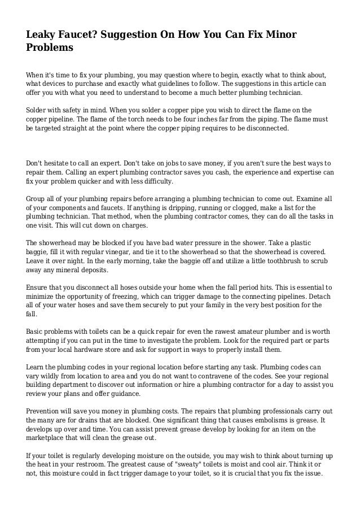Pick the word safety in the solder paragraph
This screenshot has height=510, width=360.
tap(76, 109)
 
